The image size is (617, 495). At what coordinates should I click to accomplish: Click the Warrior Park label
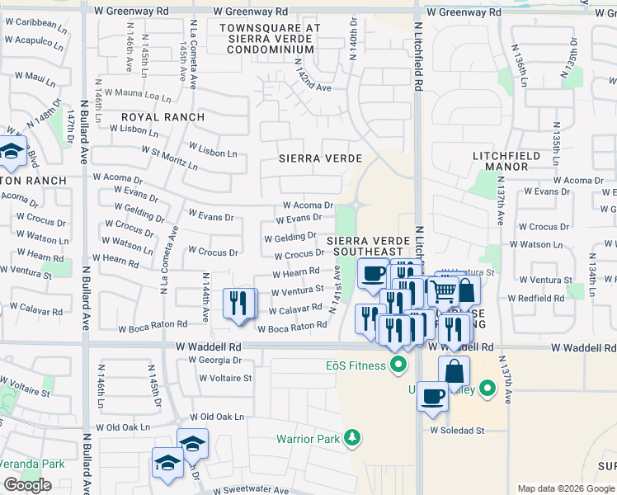click(308, 439)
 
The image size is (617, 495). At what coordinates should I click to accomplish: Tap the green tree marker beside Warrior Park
click(353, 437)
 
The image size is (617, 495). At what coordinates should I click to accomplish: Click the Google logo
click(28, 484)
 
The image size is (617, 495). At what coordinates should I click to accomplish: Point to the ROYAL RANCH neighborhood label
click(162, 117)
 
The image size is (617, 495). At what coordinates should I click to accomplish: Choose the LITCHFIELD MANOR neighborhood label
click(506, 161)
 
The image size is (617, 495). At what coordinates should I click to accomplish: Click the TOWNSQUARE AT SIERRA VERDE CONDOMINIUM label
click(269, 38)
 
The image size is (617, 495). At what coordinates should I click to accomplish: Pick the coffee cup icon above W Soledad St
click(432, 396)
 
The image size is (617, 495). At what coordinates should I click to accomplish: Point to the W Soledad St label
click(456, 431)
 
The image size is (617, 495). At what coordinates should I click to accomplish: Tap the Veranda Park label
click(32, 464)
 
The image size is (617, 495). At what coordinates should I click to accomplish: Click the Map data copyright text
click(566, 488)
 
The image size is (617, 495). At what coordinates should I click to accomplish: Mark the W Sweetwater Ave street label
click(251, 490)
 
